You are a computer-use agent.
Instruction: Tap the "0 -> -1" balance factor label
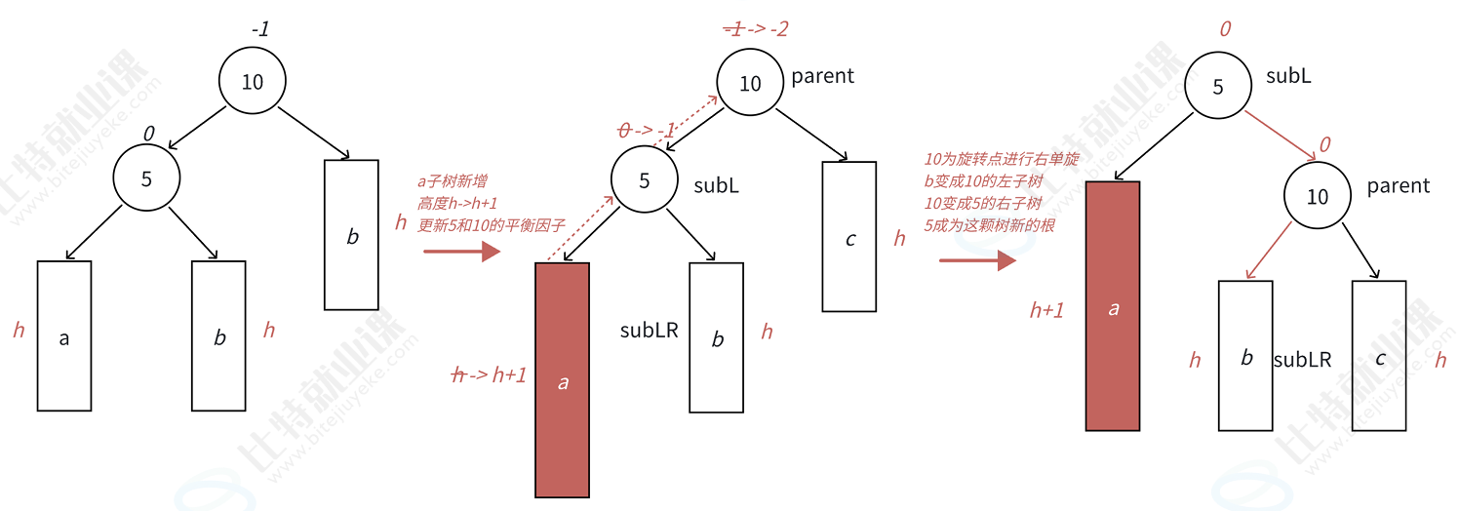tap(648, 130)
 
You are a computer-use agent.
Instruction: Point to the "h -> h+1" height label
tap(489, 374)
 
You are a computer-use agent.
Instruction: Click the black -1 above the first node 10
tap(259, 30)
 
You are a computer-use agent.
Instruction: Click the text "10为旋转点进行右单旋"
tap(1000, 158)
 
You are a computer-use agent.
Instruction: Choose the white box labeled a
tap(64, 335)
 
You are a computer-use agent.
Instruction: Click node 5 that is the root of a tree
tap(1217, 87)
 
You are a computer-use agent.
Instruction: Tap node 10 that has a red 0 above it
tap(1317, 197)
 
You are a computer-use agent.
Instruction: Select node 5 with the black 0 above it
tap(146, 179)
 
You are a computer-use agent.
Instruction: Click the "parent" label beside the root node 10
tap(822, 76)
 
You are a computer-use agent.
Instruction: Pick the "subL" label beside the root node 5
tap(1288, 76)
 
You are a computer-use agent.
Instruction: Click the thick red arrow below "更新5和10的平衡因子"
tap(461, 253)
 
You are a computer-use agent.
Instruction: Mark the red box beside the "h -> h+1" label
tap(563, 380)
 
